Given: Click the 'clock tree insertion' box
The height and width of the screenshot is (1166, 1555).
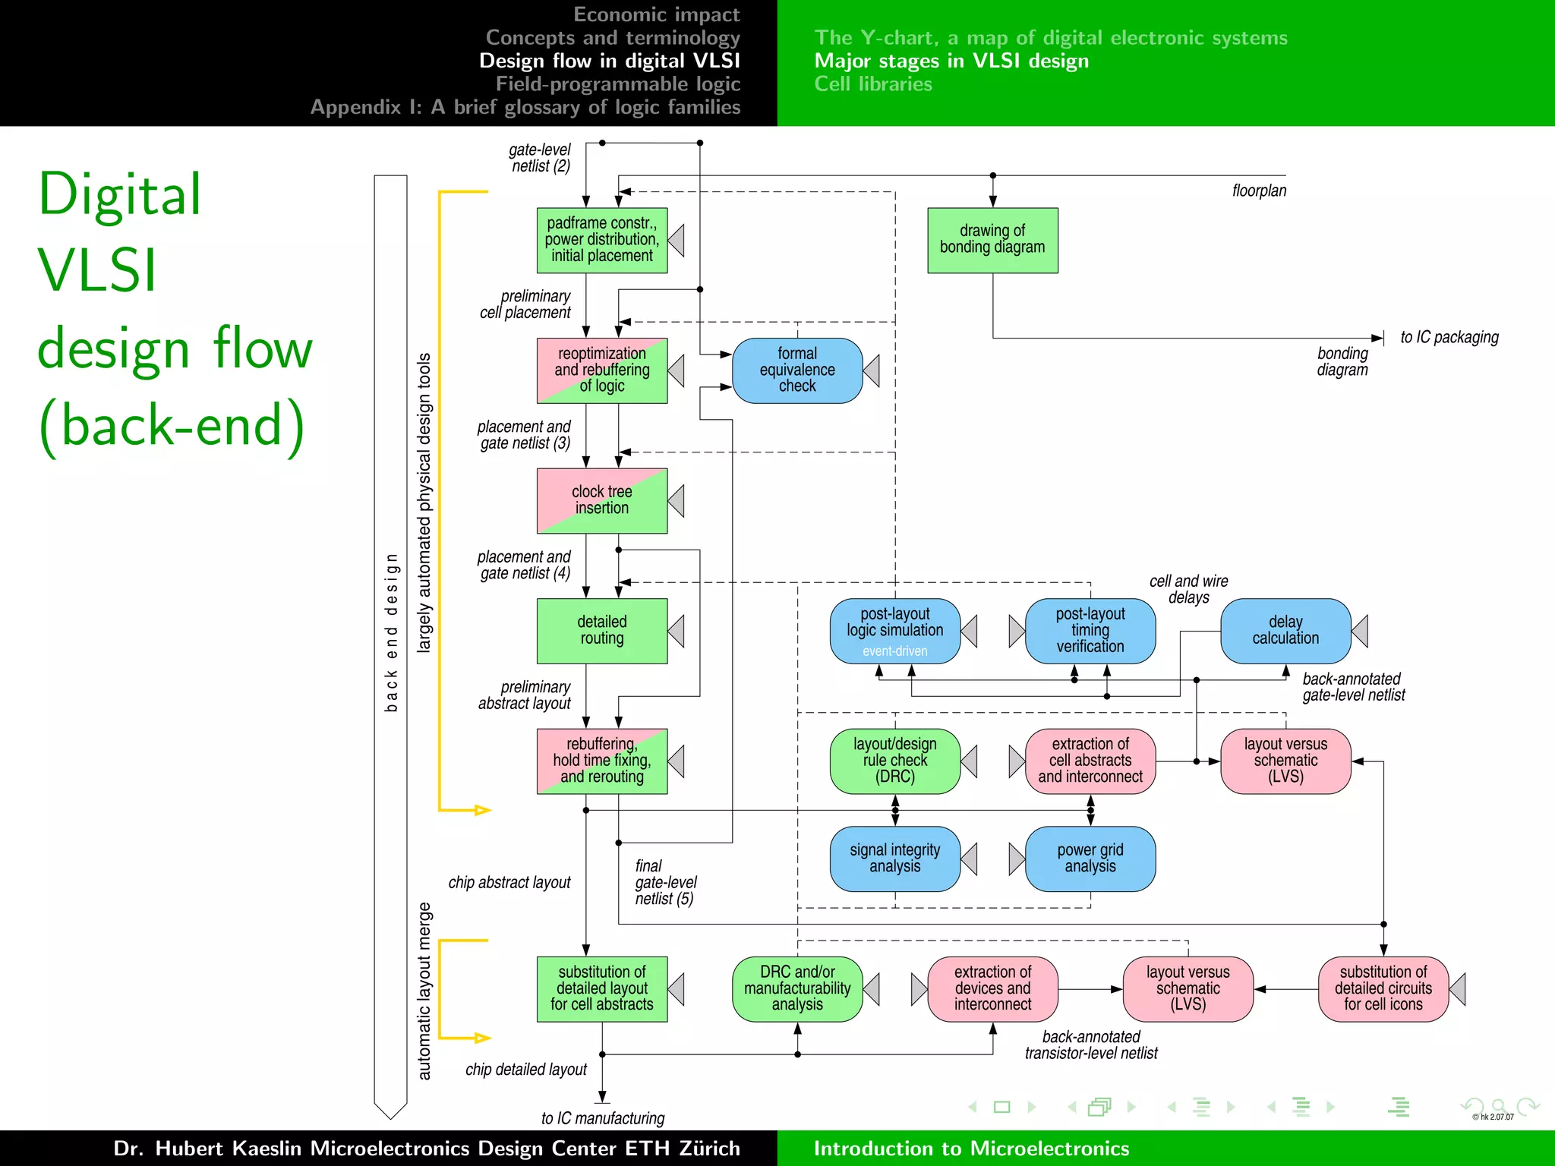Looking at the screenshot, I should (x=601, y=500).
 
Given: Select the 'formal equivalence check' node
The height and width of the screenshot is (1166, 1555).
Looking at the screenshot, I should (x=796, y=370).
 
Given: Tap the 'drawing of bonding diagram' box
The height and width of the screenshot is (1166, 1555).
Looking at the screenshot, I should (x=992, y=240).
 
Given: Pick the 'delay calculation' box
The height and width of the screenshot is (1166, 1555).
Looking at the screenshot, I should (x=1285, y=630).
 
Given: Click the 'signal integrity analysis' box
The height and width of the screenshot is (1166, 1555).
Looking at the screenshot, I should (x=894, y=859).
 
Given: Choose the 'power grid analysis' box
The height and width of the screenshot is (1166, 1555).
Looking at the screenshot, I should (x=1090, y=859).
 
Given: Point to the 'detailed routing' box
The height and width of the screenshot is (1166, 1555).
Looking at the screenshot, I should (x=601, y=630).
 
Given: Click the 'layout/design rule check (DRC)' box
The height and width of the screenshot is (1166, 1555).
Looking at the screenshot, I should (x=894, y=761).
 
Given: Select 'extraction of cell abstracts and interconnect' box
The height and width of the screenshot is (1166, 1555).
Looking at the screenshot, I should (x=1090, y=761).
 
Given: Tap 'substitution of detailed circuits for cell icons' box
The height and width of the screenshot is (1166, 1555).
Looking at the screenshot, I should (x=1383, y=988).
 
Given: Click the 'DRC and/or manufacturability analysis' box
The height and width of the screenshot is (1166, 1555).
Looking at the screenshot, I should (x=796, y=988).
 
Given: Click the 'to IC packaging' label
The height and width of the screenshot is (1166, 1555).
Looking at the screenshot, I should (x=1449, y=337).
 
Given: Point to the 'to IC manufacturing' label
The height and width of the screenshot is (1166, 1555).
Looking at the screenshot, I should (x=602, y=1118).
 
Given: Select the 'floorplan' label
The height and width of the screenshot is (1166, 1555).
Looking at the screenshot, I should (x=1259, y=191).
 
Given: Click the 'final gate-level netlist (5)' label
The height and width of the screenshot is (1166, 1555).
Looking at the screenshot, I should (x=665, y=882).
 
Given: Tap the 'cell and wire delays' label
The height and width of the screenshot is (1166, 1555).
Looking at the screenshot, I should (x=1188, y=589).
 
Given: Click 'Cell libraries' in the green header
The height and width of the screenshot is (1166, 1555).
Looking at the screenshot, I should (x=872, y=84).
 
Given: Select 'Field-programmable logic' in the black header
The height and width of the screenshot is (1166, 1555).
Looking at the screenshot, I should (x=617, y=84).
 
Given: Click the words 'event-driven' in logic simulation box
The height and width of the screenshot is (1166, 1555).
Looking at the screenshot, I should (x=894, y=651).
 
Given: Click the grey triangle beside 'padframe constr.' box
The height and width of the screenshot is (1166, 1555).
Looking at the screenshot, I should (x=677, y=240).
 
